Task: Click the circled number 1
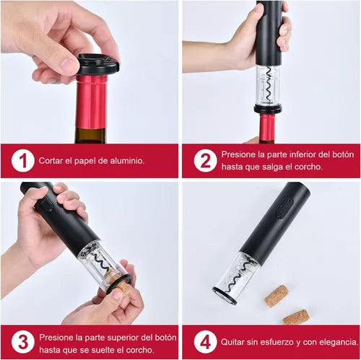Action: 23,160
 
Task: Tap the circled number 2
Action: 204,160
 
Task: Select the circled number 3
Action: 23,341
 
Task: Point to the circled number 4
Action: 204,341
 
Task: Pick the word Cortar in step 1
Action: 53,160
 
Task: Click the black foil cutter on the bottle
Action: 97,64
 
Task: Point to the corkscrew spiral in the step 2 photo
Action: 268,85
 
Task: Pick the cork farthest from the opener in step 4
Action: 295,317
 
